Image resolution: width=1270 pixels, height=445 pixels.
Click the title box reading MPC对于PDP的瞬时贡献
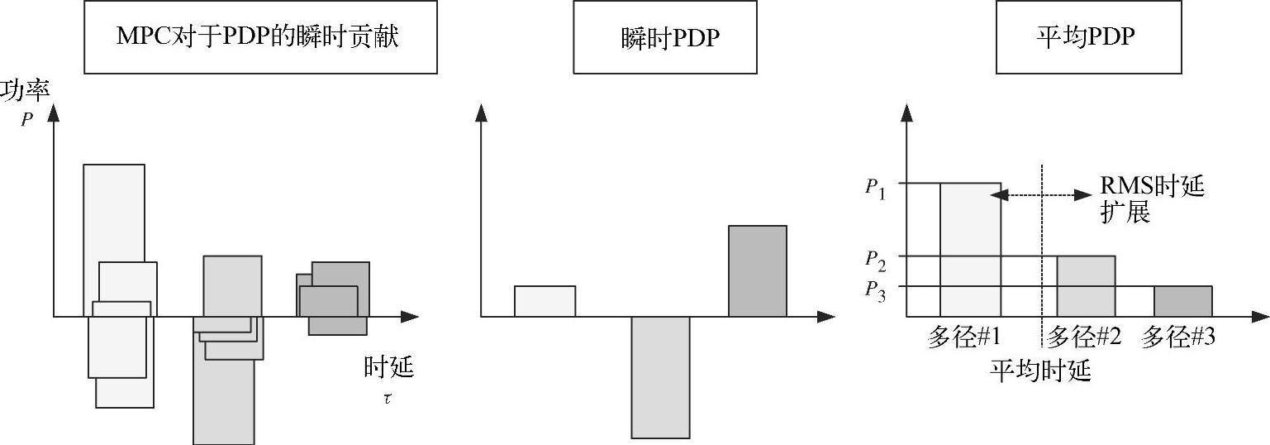click(x=260, y=37)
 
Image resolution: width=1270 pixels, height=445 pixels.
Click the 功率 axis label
click(x=26, y=91)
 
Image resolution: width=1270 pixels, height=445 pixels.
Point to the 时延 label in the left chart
click(x=388, y=367)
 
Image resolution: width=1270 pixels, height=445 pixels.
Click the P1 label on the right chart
click(x=876, y=187)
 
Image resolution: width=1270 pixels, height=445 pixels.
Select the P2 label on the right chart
click(x=876, y=259)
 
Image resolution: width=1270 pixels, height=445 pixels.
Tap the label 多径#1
click(x=964, y=337)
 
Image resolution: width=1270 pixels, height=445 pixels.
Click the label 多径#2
click(x=1084, y=337)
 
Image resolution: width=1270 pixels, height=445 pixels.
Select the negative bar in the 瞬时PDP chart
click(x=660, y=376)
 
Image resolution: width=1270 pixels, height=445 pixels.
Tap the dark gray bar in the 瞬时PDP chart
click(x=757, y=270)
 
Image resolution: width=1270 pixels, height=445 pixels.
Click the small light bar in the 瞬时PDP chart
click(x=545, y=301)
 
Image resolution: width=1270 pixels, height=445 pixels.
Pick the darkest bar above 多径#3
click(x=1182, y=301)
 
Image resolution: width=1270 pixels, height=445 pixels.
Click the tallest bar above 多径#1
click(x=971, y=249)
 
